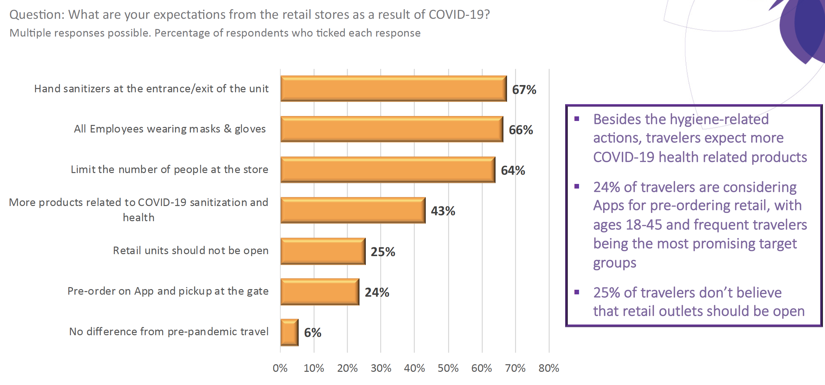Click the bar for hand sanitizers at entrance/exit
pos(393,89)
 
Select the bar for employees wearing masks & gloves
pos(392,129)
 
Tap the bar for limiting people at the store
pos(388,170)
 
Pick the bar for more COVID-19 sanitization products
pos(353,210)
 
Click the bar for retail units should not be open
pos(323,251)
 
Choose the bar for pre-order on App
pos(320,292)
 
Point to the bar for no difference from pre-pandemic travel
pos(290,332)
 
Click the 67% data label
pos(524,90)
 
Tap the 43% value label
pos(443,211)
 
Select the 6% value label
pos(312,333)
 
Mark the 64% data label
pos(513,170)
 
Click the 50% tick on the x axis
pos(448,368)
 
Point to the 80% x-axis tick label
pos(549,368)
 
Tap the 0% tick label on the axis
pos(280,368)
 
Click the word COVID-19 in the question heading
pos(459,15)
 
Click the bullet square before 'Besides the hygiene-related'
pos(577,119)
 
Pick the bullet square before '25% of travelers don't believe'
pos(577,292)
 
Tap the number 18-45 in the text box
pos(644,225)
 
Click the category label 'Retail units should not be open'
pos(191,251)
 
